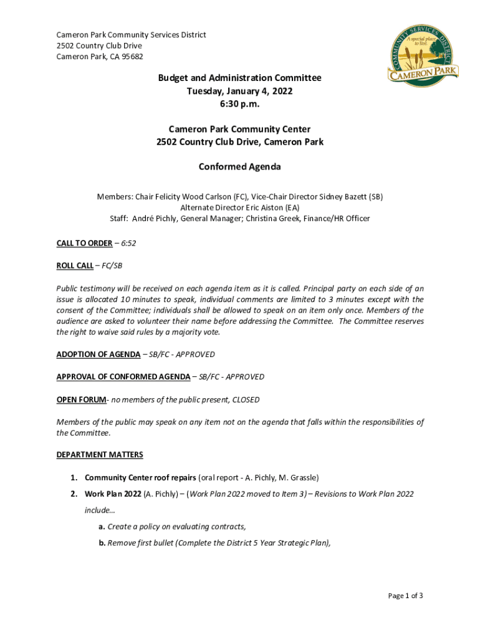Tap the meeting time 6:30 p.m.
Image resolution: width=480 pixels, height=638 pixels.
pyautogui.click(x=239, y=104)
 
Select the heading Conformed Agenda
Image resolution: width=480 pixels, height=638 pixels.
pyautogui.click(x=239, y=167)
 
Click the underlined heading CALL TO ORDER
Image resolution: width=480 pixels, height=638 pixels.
pyautogui.click(x=84, y=243)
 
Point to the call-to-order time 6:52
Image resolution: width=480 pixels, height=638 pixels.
pyautogui.click(x=128, y=243)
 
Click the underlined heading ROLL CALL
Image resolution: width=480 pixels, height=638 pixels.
pyautogui.click(x=75, y=265)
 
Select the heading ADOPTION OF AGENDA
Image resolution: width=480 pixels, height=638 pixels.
pyautogui.click(x=98, y=355)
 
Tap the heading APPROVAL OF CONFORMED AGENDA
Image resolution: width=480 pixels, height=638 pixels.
pyautogui.click(x=123, y=377)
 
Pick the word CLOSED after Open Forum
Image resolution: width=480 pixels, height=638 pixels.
pyautogui.click(x=246, y=399)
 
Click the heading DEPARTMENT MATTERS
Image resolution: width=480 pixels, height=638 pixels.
pyautogui.click(x=100, y=455)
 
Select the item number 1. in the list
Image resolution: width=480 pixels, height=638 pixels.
pyautogui.click(x=74, y=478)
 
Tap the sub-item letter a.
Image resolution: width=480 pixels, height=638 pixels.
pyautogui.click(x=102, y=526)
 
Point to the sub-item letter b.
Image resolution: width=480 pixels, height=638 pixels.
pyautogui.click(x=102, y=543)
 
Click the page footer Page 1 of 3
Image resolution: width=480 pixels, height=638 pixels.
pyautogui.click(x=405, y=596)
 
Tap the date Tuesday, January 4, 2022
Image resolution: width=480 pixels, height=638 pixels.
pyautogui.click(x=239, y=91)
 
